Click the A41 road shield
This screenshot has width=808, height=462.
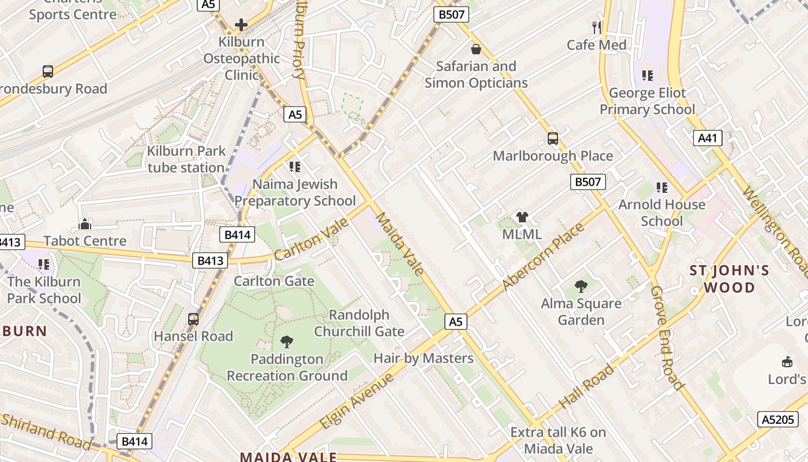(x=708, y=137)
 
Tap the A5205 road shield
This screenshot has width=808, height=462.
(x=777, y=419)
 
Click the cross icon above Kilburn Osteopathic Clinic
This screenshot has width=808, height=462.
(x=241, y=25)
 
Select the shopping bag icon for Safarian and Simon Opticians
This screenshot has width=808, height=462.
(x=476, y=49)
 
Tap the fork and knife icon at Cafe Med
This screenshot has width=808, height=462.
(x=597, y=27)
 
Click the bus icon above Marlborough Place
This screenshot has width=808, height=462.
(x=552, y=139)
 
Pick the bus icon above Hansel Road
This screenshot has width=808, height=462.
(x=193, y=319)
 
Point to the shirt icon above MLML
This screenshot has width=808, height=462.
(x=522, y=217)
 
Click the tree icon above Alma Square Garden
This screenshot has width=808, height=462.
(x=581, y=286)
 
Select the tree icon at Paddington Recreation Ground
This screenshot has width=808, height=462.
(x=286, y=341)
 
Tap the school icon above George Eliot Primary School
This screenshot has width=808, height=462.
(x=647, y=76)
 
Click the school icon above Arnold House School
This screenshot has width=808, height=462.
(x=661, y=187)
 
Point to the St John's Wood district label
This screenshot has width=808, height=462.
(x=730, y=279)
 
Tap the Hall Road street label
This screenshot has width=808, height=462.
(x=586, y=378)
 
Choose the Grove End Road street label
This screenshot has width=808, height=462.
(x=667, y=337)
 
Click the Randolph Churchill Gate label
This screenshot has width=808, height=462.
(x=359, y=323)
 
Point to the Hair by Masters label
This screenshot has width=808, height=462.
(x=423, y=358)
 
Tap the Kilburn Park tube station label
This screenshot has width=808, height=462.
(x=186, y=159)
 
